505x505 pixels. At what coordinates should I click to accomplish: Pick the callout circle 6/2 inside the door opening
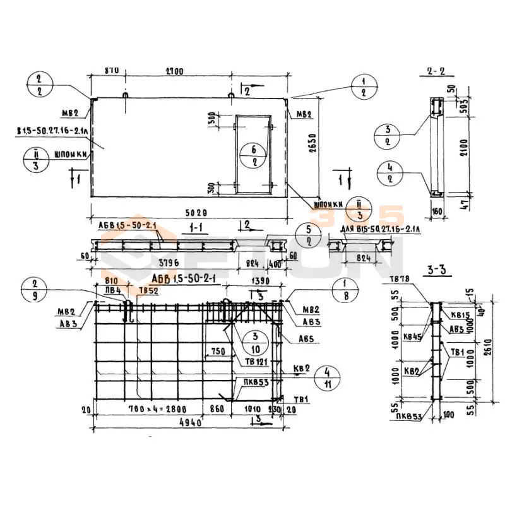click(252, 155)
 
